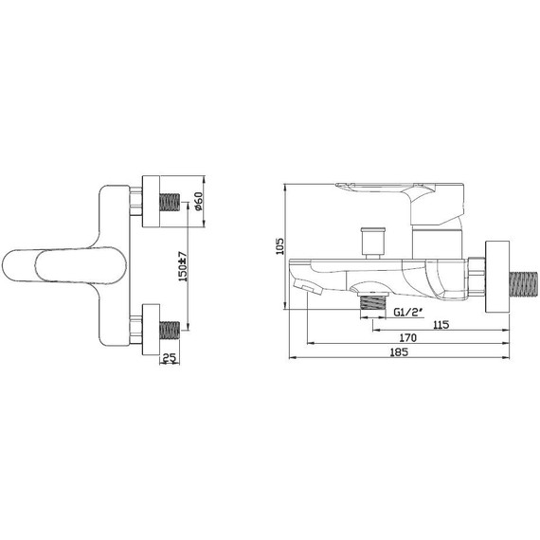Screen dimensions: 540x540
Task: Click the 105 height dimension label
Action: click(x=280, y=246)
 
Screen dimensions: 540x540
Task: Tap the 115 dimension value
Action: click(x=441, y=324)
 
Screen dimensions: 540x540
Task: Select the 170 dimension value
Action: click(x=407, y=338)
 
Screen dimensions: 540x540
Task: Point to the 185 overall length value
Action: click(x=399, y=352)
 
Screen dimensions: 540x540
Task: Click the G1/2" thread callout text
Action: click(x=408, y=312)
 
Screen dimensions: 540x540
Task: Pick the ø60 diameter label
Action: click(x=199, y=201)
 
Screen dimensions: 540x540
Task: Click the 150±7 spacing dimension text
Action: click(x=183, y=266)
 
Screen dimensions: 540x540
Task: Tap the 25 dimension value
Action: click(x=169, y=358)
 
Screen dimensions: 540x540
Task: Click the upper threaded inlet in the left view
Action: click(x=170, y=202)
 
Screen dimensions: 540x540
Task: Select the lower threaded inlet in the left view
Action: click(x=170, y=330)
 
